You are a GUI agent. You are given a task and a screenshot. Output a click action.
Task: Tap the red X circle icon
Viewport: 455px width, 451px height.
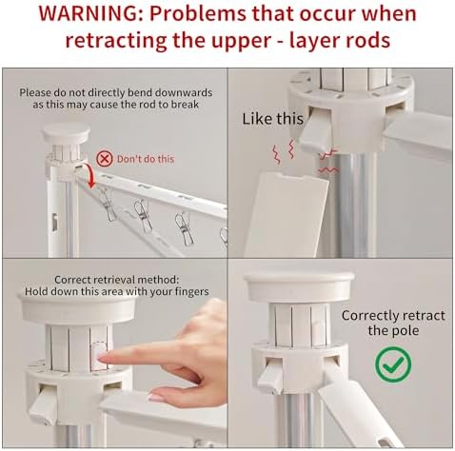click(x=105, y=159)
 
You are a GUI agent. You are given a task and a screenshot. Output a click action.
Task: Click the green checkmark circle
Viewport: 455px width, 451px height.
click(x=393, y=364)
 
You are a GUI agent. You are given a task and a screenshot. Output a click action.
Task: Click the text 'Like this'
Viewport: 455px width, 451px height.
click(x=272, y=119)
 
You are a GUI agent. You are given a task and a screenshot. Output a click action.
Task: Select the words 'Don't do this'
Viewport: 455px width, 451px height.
click(x=146, y=159)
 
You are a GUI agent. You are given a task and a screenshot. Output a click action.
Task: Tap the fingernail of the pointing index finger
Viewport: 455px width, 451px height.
click(x=102, y=358)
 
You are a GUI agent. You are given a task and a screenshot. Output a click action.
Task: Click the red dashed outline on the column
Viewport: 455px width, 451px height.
click(x=99, y=355)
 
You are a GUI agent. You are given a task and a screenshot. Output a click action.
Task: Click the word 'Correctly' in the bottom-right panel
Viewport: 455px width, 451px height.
click(x=370, y=316)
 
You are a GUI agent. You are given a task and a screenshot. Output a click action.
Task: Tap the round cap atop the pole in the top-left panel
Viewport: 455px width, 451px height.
click(x=66, y=133)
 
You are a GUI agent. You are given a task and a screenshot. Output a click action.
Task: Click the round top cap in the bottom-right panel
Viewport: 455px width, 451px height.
click(x=299, y=286)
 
